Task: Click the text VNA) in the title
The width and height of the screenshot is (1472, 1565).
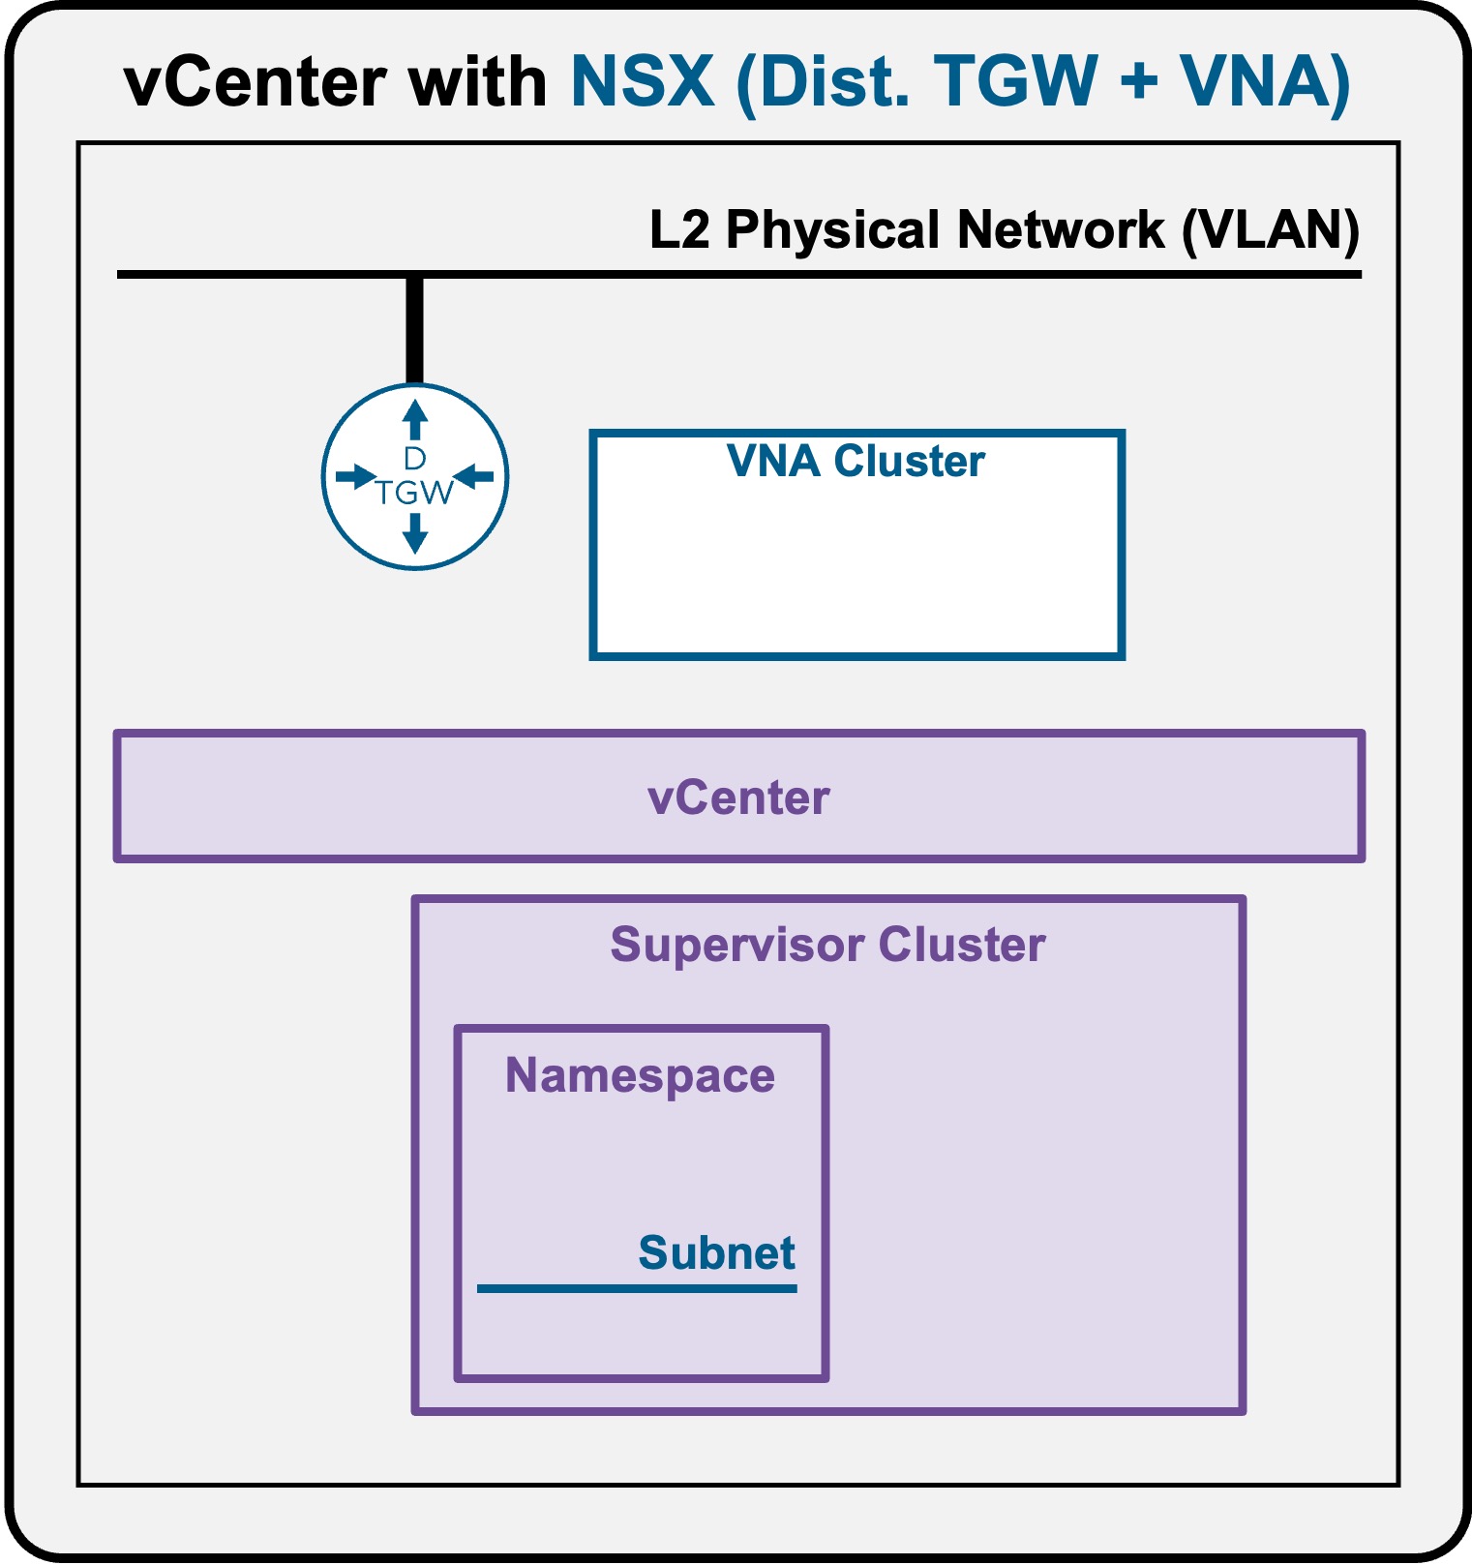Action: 1266,82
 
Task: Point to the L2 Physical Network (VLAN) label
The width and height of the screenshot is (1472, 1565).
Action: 1005,230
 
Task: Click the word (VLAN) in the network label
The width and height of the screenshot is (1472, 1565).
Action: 1271,231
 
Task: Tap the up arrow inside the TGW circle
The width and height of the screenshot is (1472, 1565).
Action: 415,420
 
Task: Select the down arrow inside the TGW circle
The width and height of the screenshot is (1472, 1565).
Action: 415,533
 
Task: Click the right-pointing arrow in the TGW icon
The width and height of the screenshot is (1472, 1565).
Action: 355,476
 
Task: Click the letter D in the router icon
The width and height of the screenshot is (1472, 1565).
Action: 414,458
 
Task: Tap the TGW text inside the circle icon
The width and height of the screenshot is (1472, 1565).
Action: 414,493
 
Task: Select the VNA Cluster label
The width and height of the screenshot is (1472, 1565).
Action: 856,461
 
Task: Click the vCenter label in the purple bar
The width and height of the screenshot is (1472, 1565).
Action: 738,798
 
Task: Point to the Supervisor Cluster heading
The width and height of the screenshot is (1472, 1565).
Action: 827,945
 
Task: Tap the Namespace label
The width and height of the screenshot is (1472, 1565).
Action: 640,1076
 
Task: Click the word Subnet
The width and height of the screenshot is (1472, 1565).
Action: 716,1252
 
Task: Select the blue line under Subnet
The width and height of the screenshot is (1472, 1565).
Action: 637,1288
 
